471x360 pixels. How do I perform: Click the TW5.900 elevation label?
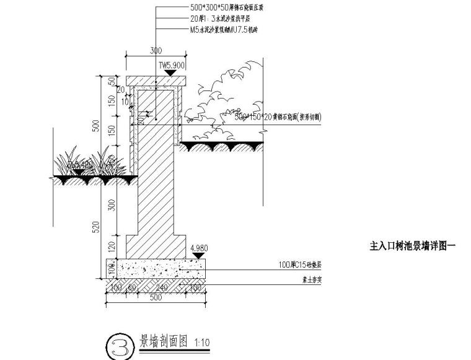(172, 64)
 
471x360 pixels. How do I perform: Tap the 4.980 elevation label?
(198, 247)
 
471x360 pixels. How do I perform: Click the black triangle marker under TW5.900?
(170, 73)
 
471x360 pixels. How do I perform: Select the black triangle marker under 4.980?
(198, 255)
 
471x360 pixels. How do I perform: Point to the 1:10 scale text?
(202, 341)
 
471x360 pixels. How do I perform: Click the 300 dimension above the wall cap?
(156, 51)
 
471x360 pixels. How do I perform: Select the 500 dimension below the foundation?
(156, 297)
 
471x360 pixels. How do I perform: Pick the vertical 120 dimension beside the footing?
(113, 247)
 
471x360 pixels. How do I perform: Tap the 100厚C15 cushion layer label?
(300, 264)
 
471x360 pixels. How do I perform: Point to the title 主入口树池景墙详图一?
(413, 246)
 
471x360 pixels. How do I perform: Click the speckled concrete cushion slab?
(156, 268)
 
